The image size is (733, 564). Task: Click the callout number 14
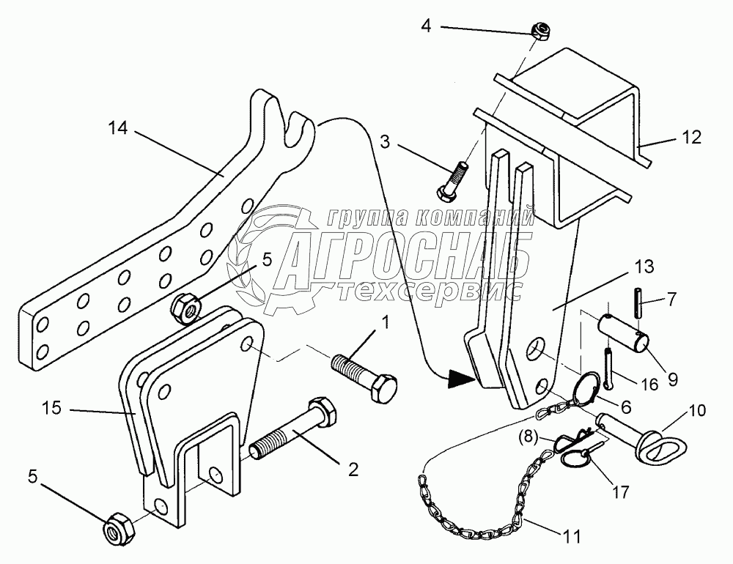117,129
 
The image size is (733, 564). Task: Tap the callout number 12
690,136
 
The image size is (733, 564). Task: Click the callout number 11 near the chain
572,536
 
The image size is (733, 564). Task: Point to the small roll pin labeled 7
638,300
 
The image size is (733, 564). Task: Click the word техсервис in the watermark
432,290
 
